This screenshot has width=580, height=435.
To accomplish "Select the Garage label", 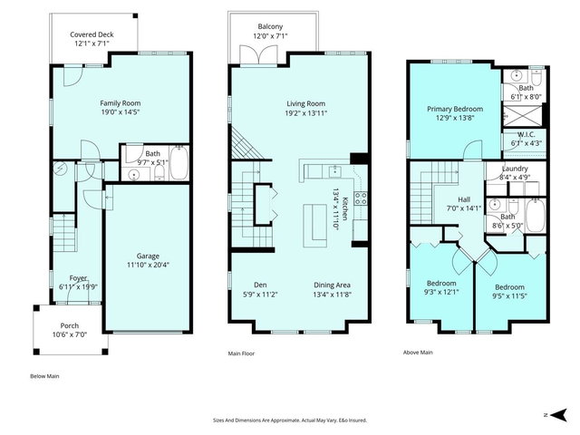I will pyautogui.click(x=148, y=256).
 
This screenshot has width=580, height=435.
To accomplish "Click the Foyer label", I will pyautogui.click(x=79, y=278).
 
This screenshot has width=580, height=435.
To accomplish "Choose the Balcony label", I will pyautogui.click(x=270, y=27).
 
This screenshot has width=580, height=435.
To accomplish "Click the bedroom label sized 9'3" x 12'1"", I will pyautogui.click(x=441, y=284).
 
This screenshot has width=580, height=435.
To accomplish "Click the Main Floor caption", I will pyautogui.click(x=244, y=353).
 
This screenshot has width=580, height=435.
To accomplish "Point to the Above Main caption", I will pyautogui.click(x=418, y=353).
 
